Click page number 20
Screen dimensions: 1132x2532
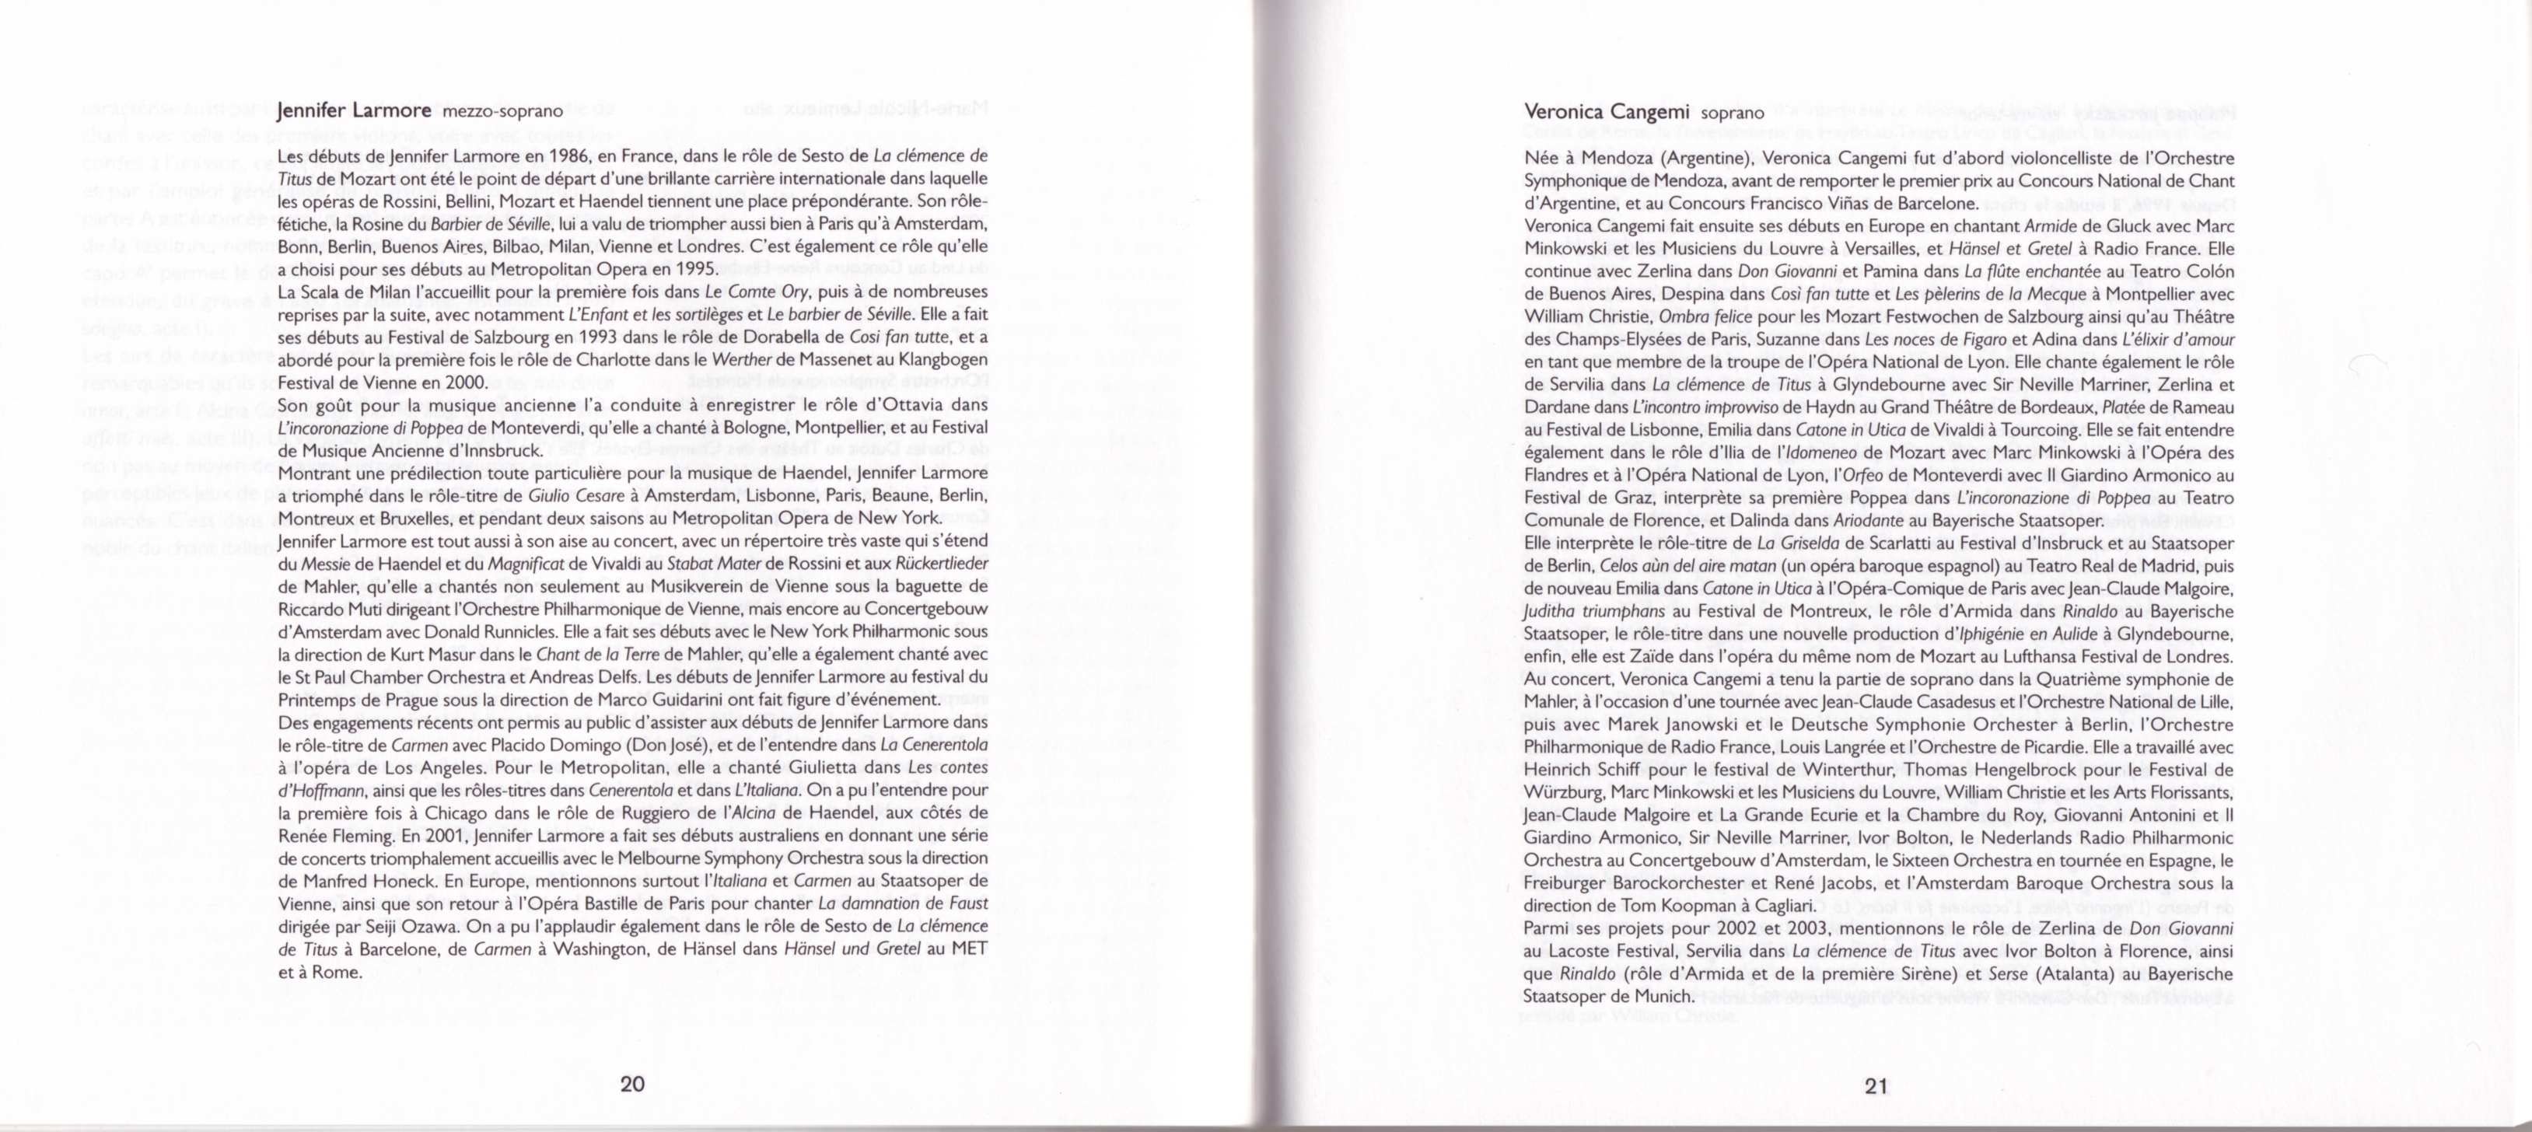pos(632,1084)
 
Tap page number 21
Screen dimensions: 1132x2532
pos(1876,1086)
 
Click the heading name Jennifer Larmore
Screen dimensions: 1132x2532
pos(354,110)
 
